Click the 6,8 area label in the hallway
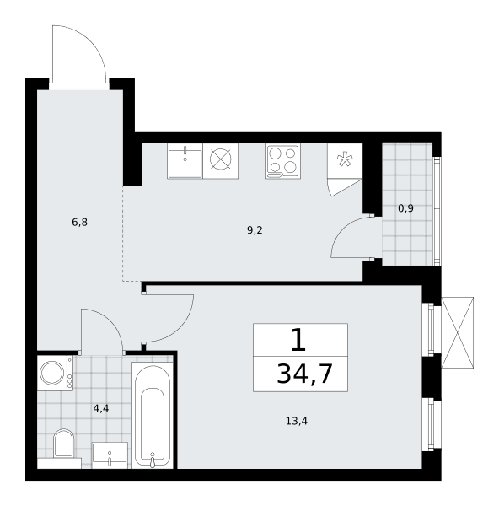[x=80, y=223]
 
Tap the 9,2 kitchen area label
[x=255, y=230]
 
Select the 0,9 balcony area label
[x=405, y=208]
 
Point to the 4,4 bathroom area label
[x=101, y=408]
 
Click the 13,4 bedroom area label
[x=297, y=421]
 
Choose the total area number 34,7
[x=304, y=374]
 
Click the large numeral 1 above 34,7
[x=298, y=340]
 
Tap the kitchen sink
[x=185, y=161]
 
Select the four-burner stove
[x=283, y=161]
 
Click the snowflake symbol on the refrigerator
[x=345, y=159]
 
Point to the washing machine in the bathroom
[x=55, y=373]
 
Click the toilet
[x=63, y=443]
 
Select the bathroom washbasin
[x=110, y=455]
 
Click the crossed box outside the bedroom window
[x=457, y=332]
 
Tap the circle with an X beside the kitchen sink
[x=221, y=159]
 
